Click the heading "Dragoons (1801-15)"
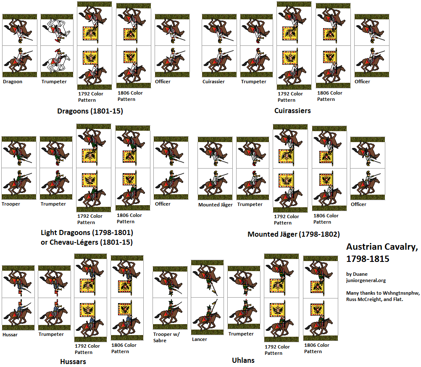coord(90,111)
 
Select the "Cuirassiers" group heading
coord(292,111)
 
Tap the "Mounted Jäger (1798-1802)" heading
coord(293,234)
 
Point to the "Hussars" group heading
coord(73,361)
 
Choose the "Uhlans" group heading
coord(243,360)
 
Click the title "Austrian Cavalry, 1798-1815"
coord(382,253)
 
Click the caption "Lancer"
coord(200,339)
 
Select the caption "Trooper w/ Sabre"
coord(162,337)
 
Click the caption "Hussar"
coord(10,335)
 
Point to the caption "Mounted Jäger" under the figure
coord(215,205)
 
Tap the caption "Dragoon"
coord(12,82)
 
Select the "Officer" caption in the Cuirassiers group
coord(362,82)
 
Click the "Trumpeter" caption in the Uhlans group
coord(241,334)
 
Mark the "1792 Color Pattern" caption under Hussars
coord(87,349)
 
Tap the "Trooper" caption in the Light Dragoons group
coord(11,204)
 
